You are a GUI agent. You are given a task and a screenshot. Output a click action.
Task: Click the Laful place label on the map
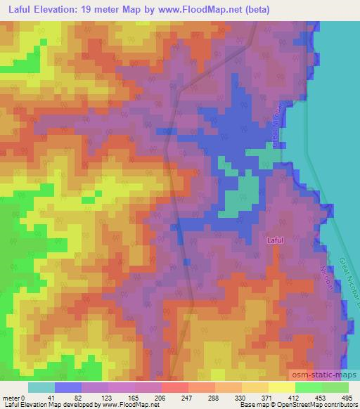[276, 240]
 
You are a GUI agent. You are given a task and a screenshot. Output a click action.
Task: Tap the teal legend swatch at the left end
[41, 387]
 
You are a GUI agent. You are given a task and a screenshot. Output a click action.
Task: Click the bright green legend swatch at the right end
[335, 387]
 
